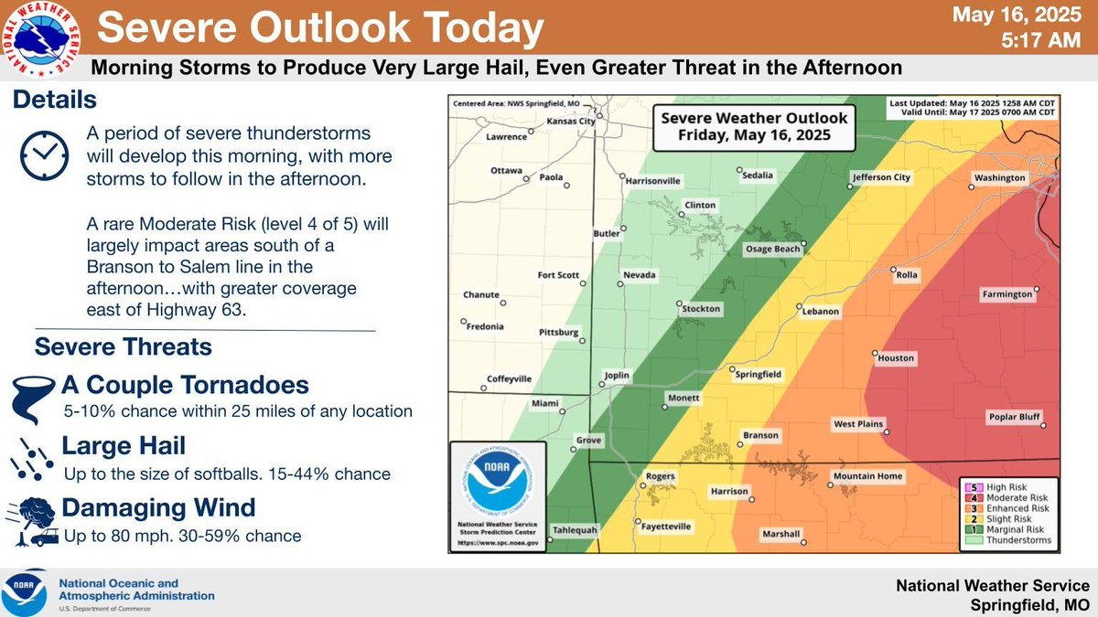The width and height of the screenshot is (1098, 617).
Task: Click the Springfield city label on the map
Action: tap(759, 374)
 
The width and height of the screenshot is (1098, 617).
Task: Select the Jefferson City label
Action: tap(881, 178)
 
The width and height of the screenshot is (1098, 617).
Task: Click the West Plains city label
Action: tap(856, 424)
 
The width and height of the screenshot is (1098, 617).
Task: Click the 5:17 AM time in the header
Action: tap(1042, 41)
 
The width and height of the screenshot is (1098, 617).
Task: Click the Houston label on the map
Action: tap(895, 358)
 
